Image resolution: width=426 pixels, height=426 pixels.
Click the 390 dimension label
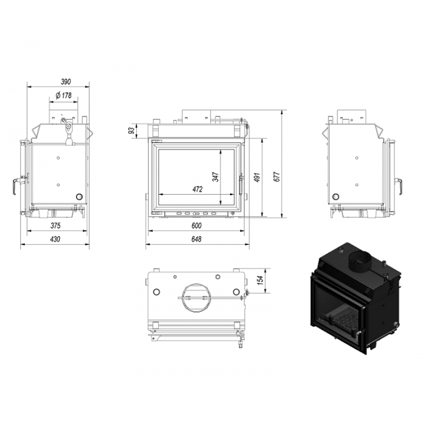click(x=66, y=81)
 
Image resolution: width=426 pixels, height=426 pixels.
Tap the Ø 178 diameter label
click(x=63, y=96)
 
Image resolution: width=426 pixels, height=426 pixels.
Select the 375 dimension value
click(x=55, y=225)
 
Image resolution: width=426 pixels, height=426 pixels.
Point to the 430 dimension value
click(x=55, y=239)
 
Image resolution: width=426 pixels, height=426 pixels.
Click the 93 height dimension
click(x=132, y=131)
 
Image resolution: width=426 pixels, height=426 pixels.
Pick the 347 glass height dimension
click(x=216, y=177)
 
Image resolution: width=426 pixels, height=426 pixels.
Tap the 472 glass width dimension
click(x=197, y=189)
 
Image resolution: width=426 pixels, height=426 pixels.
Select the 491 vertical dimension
click(x=257, y=177)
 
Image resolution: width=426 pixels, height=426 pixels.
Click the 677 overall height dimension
click(x=277, y=177)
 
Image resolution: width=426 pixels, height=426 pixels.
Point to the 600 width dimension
click(x=196, y=225)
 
